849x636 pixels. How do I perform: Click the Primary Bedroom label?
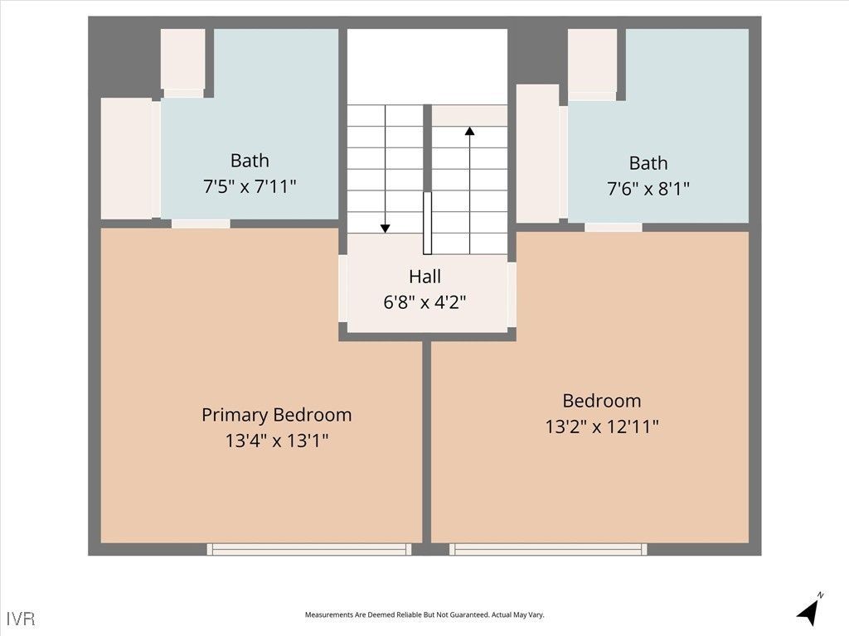point(276,414)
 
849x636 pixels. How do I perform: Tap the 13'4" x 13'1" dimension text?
point(276,441)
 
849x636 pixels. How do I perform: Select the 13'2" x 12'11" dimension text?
point(601,427)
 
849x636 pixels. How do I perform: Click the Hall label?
point(424,277)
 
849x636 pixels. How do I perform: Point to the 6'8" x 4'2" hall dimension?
point(424,302)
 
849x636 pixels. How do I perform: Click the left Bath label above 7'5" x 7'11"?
point(250,160)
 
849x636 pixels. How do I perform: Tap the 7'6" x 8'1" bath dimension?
point(648,189)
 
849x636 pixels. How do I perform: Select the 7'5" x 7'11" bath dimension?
point(250,186)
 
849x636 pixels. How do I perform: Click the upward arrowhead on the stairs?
point(469,131)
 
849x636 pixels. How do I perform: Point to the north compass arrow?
point(808,610)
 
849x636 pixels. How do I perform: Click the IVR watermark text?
point(21,618)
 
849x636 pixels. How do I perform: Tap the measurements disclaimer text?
point(424,615)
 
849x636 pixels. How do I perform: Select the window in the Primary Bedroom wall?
point(309,549)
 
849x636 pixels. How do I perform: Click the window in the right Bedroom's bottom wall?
point(548,549)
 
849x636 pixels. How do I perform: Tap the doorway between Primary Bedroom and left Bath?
point(201,224)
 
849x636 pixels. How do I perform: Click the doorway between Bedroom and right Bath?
point(613,227)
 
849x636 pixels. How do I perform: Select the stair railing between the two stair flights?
point(427,223)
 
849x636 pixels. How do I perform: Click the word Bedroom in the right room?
point(601,401)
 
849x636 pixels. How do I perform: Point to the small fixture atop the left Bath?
point(182,60)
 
